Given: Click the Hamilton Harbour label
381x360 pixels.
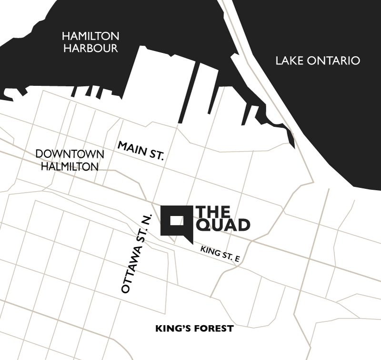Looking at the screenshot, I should pyautogui.click(x=90, y=42).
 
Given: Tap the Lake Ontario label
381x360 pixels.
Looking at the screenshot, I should pyautogui.click(x=318, y=61).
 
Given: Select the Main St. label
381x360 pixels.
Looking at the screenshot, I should pyautogui.click(x=140, y=150).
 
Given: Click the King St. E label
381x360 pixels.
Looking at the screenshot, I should pyautogui.click(x=220, y=254).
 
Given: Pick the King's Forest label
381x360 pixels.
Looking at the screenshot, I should pyautogui.click(x=195, y=329).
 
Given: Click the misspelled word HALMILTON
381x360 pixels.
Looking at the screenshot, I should pyautogui.click(x=70, y=166).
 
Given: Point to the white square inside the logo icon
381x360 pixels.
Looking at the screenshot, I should pyautogui.click(x=177, y=220).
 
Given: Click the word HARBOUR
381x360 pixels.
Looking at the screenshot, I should pyautogui.click(x=90, y=48).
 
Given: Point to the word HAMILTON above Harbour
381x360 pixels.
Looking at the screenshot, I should pyautogui.click(x=90, y=36).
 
